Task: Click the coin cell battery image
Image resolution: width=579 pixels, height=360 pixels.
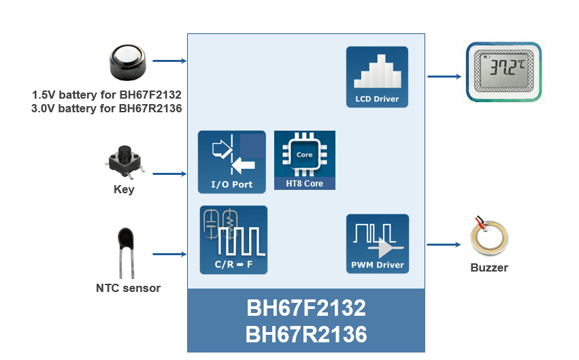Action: coord(129,63)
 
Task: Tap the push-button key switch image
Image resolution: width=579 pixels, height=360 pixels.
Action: coord(124,161)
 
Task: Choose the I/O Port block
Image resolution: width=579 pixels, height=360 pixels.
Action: coord(231,162)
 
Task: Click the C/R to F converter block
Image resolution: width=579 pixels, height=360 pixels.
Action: coord(233,240)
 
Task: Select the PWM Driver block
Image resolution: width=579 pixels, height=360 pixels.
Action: coord(378,244)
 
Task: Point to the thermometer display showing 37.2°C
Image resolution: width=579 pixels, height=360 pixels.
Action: coord(504,72)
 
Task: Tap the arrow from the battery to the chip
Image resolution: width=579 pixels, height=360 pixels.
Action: coord(169,61)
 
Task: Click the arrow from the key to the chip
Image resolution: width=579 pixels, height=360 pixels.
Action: coord(169,174)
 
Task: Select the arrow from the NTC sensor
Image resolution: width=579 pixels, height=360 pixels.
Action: coord(169,255)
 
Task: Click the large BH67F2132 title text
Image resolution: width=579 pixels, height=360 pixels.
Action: coord(305,308)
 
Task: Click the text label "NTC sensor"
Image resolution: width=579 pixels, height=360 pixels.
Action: coord(128,288)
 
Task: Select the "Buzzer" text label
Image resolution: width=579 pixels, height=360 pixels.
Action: coord(489,267)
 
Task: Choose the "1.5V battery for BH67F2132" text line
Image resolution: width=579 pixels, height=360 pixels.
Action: coord(107,94)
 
